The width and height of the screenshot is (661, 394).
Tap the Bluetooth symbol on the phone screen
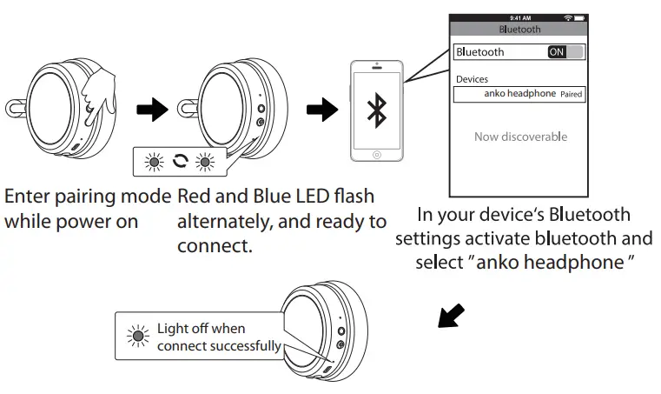[376, 110]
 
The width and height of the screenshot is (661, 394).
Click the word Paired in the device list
[572, 94]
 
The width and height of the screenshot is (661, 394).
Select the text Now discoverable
[520, 137]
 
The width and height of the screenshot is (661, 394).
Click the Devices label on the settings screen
[472, 79]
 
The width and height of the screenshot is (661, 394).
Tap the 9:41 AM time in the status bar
[520, 17]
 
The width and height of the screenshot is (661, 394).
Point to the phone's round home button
[376, 154]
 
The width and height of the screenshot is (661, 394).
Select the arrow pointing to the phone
[322, 110]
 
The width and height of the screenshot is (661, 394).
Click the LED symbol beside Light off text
[136, 337]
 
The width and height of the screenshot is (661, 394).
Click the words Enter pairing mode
[87, 197]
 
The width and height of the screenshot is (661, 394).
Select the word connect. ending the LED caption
[215, 246]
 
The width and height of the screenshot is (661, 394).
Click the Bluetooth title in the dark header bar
[520, 29]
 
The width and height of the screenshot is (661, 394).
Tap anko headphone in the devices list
[518, 94]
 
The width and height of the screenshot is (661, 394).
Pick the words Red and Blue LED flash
[275, 197]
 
